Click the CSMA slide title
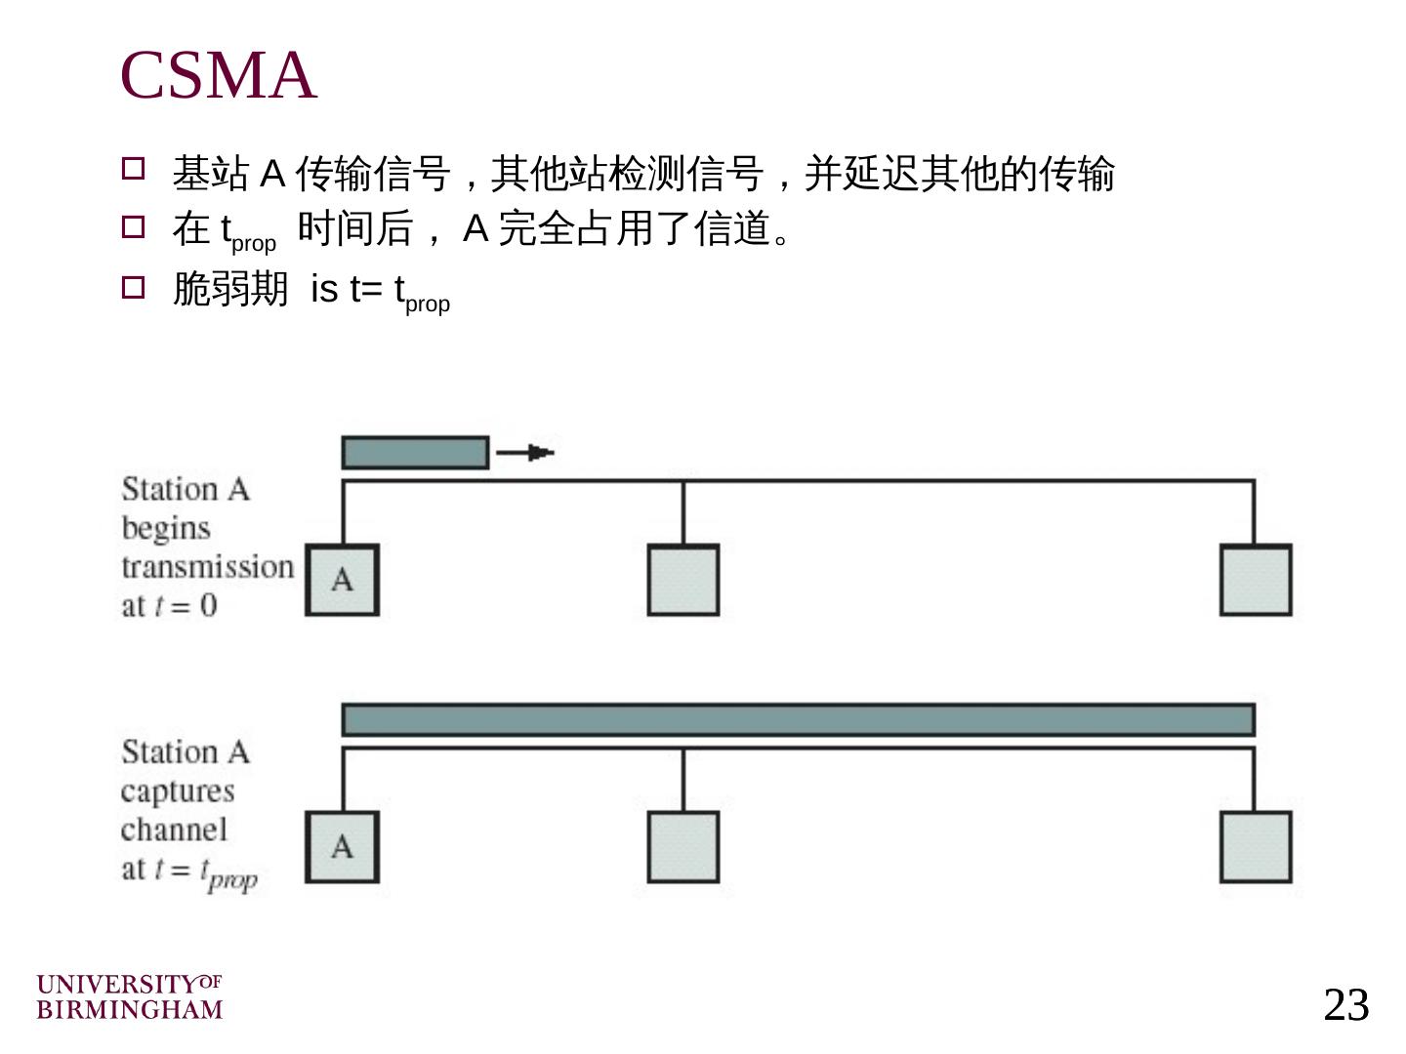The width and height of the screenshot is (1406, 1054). [x=218, y=75]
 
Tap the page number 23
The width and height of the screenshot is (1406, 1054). [x=1345, y=1005]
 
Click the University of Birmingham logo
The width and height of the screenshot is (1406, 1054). [x=130, y=996]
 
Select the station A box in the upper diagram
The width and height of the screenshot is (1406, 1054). [x=342, y=581]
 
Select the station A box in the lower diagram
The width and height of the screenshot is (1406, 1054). [x=342, y=847]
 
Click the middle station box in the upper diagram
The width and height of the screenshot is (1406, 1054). [x=683, y=581]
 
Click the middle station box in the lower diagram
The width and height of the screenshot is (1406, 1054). [x=683, y=847]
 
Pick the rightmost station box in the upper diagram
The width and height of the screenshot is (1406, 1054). [x=1256, y=581]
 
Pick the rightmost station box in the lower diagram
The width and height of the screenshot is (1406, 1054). [x=1256, y=847]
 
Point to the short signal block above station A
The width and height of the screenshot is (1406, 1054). [x=415, y=453]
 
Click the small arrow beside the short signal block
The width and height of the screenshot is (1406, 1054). [x=526, y=453]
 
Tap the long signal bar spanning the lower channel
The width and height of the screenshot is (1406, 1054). [x=798, y=720]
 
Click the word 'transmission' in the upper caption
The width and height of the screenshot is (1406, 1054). [x=207, y=567]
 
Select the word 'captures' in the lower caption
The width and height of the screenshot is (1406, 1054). [x=178, y=791]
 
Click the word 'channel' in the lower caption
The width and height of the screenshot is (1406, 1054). [x=174, y=831]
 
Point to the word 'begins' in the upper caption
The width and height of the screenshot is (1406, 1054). [x=166, y=528]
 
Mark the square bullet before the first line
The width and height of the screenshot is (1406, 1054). [x=133, y=169]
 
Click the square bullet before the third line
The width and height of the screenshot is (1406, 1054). [x=133, y=287]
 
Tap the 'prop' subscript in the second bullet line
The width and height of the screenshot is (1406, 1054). [x=254, y=244]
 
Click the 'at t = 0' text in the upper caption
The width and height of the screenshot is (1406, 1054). [x=169, y=606]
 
